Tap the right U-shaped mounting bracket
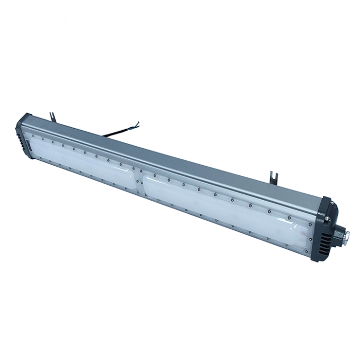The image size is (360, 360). click(x=272, y=175)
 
